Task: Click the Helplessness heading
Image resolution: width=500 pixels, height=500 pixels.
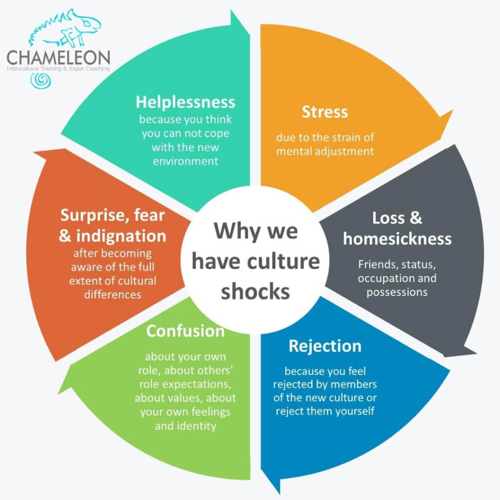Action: pos(185,103)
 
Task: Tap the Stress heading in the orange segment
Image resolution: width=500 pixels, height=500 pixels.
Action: pos(325,112)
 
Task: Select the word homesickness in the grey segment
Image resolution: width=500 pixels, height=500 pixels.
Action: pos(397,239)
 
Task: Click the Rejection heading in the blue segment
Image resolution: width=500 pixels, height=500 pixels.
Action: pos(325,347)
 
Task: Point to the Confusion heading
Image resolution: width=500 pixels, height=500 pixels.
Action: pos(185,331)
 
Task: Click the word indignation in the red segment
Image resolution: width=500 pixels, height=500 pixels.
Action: pos(121,236)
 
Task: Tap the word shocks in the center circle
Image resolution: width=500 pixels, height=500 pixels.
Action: pos(255,292)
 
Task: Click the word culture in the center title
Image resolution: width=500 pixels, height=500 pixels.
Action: pos(283,262)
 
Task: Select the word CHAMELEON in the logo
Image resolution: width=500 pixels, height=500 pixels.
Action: pos(59,58)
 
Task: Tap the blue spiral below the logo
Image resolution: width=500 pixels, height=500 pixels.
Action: pos(41,81)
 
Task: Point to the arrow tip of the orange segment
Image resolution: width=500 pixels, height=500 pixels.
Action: pos(452,111)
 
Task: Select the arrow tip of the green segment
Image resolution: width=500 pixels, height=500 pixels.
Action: pos(59,394)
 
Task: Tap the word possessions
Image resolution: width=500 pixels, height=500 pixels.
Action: pos(397,292)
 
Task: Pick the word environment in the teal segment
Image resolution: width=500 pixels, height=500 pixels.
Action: pos(185,161)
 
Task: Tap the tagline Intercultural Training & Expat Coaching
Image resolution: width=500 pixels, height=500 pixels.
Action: pos(59,68)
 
